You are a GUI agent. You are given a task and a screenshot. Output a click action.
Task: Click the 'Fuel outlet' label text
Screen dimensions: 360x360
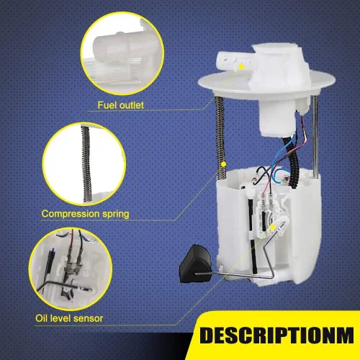[120, 105]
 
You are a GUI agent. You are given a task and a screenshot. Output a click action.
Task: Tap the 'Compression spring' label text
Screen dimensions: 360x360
[86, 214]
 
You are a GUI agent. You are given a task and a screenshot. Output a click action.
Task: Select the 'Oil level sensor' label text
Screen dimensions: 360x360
[69, 318]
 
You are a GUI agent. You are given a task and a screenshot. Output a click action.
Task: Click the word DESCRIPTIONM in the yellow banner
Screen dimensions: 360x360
[276, 335]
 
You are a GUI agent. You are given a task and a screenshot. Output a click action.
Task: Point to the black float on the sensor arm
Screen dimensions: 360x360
[195, 264]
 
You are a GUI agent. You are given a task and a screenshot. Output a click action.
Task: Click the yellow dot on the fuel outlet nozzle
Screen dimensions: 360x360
[241, 66]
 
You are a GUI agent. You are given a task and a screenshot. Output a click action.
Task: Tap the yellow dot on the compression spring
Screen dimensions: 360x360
[223, 164]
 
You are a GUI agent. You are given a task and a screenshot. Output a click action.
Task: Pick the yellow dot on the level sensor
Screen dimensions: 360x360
[272, 227]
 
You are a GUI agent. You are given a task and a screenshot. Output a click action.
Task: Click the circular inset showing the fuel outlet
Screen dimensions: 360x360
[122, 53]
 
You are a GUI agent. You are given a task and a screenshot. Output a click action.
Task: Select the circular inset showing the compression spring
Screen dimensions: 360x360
[84, 164]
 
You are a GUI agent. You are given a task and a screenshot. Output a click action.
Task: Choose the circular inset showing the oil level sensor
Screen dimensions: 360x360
[71, 269]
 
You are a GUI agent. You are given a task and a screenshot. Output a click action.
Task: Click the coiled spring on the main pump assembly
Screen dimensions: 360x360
[220, 138]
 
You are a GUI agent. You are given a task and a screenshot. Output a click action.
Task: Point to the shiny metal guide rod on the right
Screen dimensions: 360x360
[315, 137]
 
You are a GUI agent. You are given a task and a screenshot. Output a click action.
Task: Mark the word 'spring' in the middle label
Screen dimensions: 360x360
[116, 215]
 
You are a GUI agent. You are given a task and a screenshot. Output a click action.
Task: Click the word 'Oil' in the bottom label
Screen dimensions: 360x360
[41, 318]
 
